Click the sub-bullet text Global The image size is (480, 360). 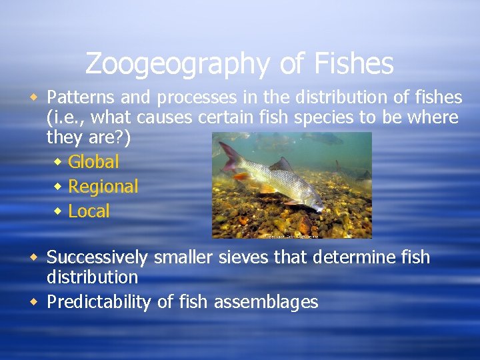pos(93,161)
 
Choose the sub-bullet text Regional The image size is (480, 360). pos(103,187)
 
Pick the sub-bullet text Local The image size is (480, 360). pos(89,211)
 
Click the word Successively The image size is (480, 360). pos(97,257)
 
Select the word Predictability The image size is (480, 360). pos(99,302)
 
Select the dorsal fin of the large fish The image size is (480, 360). pos(281,164)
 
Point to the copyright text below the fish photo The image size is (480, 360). pos(291,235)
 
